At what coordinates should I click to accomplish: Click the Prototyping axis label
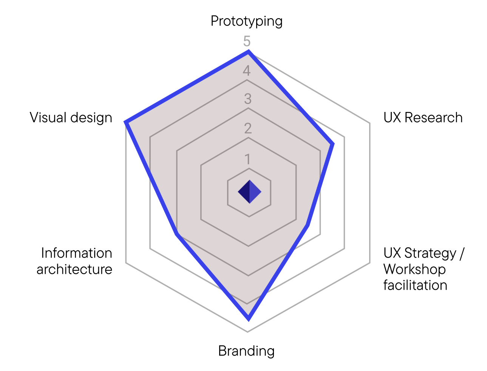[x=246, y=21]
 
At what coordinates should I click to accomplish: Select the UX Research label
[x=423, y=118]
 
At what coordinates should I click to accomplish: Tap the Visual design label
[x=71, y=118]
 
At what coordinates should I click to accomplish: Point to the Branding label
[x=246, y=351]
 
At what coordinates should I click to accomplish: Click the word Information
[x=76, y=253]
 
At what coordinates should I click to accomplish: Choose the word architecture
[x=74, y=269]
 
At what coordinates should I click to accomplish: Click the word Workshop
[x=414, y=269]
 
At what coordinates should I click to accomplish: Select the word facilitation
[x=415, y=285]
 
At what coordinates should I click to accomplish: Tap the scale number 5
[x=247, y=41]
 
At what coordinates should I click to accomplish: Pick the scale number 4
[x=247, y=70]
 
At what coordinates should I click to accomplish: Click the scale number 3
[x=247, y=99]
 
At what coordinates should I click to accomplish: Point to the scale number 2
[x=247, y=129]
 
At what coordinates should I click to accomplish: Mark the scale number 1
[x=247, y=158]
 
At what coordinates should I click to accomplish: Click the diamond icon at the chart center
[x=249, y=192]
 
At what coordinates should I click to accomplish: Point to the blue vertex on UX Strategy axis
[x=307, y=226]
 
